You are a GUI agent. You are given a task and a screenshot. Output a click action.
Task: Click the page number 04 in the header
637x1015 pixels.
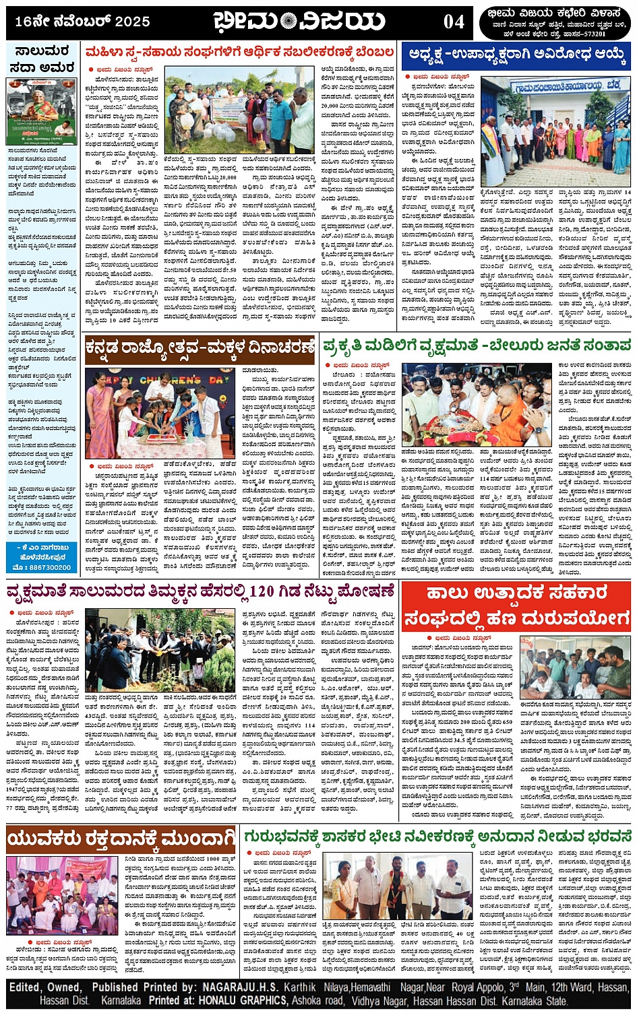[x=454, y=22]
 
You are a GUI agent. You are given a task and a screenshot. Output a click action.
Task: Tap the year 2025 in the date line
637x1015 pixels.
[x=131, y=22]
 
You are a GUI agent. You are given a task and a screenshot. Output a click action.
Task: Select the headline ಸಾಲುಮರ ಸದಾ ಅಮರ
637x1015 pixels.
[x=42, y=60]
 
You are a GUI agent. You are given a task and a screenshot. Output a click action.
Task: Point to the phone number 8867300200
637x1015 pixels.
[x=46, y=567]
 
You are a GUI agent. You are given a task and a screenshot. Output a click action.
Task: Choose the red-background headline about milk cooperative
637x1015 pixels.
[x=516, y=605]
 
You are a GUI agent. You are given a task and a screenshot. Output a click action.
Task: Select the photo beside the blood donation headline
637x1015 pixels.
[x=63, y=895]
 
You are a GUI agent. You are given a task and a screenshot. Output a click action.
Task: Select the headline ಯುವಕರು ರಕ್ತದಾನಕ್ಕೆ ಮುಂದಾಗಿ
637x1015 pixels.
[x=121, y=839]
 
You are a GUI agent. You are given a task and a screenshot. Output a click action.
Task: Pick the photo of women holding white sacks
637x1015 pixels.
[x=239, y=109]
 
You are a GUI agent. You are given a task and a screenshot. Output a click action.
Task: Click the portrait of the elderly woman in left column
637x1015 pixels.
[x=42, y=111]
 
